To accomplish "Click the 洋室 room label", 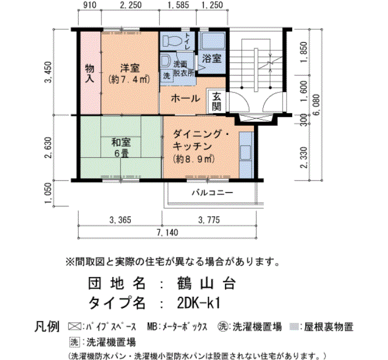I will click(x=131, y=68).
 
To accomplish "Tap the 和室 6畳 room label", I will click(x=121, y=147).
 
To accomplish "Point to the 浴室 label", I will click(x=212, y=58).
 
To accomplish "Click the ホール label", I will click(x=186, y=98).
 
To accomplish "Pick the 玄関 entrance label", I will click(x=216, y=100).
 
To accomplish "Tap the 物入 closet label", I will click(x=89, y=73).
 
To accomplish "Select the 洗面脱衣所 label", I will click(x=183, y=69).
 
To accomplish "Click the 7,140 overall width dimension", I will click(x=167, y=232).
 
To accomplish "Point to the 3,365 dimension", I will click(x=120, y=220).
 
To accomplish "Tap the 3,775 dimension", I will click(x=209, y=220).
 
